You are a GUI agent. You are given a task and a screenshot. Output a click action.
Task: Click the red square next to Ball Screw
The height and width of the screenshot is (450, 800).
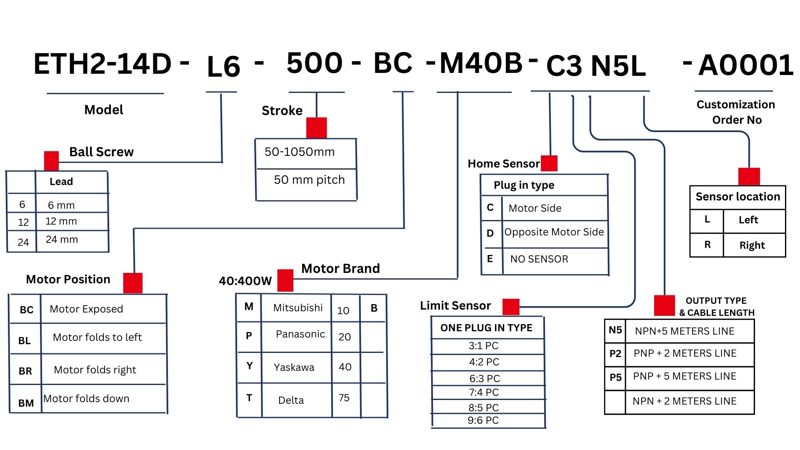(51, 161)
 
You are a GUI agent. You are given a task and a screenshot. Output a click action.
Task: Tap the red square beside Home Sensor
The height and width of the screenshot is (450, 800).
(549, 163)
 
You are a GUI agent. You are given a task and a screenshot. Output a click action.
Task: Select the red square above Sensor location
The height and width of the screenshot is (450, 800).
(749, 176)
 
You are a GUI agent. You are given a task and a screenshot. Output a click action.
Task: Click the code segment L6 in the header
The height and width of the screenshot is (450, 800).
(223, 67)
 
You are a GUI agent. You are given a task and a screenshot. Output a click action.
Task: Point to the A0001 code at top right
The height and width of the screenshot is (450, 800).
(746, 65)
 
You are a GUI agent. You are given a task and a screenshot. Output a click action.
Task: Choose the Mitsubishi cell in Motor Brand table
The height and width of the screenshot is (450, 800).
(297, 308)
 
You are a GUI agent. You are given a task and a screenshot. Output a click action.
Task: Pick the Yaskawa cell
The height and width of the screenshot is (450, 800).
(294, 367)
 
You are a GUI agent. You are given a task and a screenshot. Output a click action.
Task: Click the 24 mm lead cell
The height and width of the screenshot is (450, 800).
(62, 240)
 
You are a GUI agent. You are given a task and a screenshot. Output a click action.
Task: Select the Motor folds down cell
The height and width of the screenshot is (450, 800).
(86, 399)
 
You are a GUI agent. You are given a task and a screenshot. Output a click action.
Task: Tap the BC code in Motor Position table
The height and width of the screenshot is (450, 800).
(26, 310)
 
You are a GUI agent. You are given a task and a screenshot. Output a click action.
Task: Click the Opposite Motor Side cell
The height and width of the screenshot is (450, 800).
(554, 232)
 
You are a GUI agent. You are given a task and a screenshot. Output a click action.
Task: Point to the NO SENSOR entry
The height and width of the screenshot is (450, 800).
(539, 259)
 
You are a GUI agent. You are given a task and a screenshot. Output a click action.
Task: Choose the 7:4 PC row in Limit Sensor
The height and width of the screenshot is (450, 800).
(483, 392)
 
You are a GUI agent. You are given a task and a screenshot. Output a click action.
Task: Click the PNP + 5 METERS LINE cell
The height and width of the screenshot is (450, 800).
(685, 376)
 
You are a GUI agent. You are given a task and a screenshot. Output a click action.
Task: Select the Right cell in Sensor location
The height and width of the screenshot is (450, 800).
(752, 245)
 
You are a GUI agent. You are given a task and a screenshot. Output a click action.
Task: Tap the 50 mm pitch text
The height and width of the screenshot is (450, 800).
(309, 180)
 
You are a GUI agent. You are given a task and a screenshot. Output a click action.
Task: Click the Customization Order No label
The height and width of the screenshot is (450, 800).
(736, 112)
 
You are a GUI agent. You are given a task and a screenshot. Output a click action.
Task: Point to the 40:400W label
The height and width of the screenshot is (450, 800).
(245, 281)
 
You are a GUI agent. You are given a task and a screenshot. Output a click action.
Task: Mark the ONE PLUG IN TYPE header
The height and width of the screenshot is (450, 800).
(486, 328)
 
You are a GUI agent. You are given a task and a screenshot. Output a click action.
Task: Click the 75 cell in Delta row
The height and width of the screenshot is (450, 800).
(344, 398)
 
